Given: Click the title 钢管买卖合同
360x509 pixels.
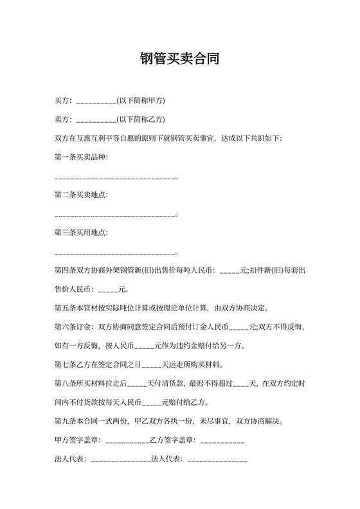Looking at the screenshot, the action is [180, 60].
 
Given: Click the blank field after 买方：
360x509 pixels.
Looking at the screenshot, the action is [96, 102].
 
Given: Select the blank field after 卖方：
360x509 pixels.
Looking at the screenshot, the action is [96, 120].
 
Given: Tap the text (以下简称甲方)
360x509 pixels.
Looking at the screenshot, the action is [141, 101].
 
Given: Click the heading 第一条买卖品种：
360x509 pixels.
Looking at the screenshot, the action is [82, 157].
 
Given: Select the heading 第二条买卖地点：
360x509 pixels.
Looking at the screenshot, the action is [82, 194].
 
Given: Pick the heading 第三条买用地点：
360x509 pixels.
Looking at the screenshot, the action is [82, 231].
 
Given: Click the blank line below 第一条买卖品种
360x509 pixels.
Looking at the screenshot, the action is [115, 177].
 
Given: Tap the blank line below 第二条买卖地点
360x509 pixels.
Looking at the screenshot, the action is [115, 215].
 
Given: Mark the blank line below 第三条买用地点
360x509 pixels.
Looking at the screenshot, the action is [115, 252].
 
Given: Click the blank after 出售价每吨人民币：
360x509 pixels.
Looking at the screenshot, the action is [230, 271].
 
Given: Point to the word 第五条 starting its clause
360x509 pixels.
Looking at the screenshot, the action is [66, 308].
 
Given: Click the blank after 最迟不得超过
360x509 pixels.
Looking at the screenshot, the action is [240, 384].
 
